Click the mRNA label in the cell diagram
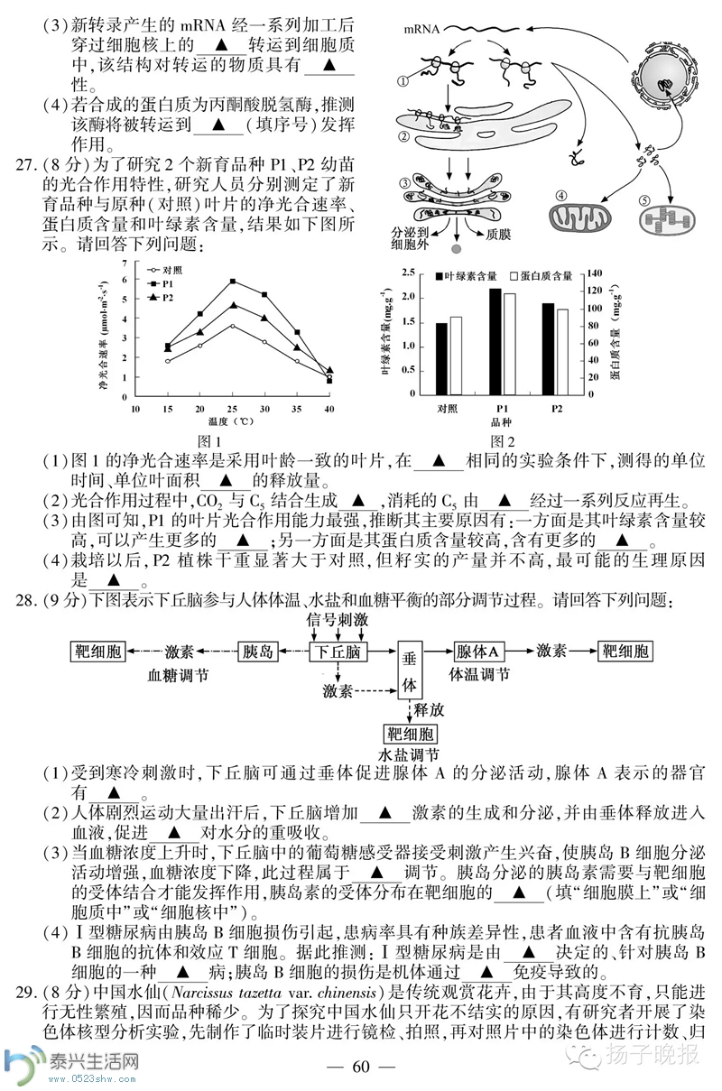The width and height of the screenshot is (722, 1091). (x=422, y=30)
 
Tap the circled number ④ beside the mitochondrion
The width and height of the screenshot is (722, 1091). (x=561, y=197)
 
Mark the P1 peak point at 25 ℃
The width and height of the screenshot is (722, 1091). (x=233, y=282)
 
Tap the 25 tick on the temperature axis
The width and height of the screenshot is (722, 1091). (x=232, y=409)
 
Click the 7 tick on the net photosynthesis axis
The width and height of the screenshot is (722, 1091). (x=125, y=263)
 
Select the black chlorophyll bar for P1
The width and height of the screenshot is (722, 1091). (x=495, y=341)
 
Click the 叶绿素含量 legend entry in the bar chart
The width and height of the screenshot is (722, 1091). (x=469, y=276)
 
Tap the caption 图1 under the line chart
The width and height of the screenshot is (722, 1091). (x=208, y=440)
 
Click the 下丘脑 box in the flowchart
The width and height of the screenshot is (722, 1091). (x=338, y=652)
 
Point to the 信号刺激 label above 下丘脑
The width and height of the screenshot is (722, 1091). (x=338, y=620)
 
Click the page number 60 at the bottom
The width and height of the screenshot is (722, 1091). (x=361, y=1067)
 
